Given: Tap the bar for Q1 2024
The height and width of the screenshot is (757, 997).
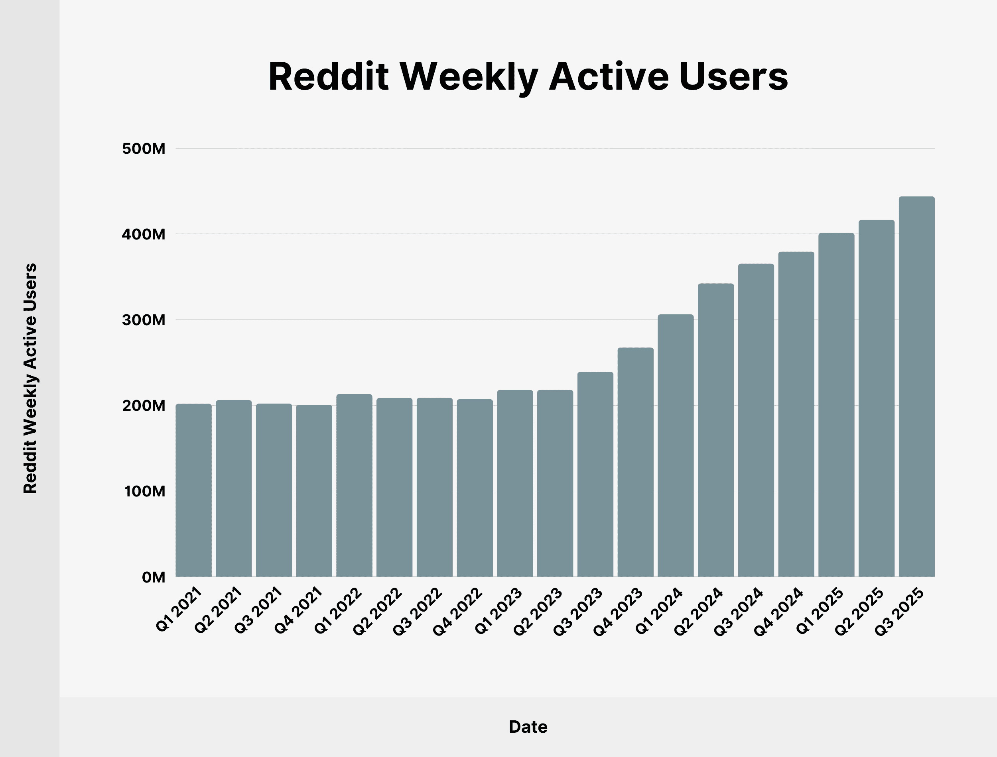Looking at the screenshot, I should point(676,446).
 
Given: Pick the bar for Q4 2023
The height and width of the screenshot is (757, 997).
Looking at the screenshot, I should point(635,462).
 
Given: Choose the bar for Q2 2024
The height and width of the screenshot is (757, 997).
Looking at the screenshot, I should point(715,430).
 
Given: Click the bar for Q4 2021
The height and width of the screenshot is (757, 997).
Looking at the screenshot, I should point(314,491).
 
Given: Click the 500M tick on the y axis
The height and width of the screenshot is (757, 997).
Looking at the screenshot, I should point(144,149).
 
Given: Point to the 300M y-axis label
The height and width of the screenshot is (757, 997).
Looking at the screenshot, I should point(144,320).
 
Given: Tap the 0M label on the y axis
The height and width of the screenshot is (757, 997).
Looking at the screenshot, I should point(153,577).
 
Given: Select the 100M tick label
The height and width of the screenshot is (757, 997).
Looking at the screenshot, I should point(144,491).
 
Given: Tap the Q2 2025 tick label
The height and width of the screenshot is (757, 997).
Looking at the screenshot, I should point(859,612).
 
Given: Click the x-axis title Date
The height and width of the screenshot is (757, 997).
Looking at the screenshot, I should point(528,727).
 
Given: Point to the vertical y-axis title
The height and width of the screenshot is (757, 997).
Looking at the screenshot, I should point(30,378).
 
